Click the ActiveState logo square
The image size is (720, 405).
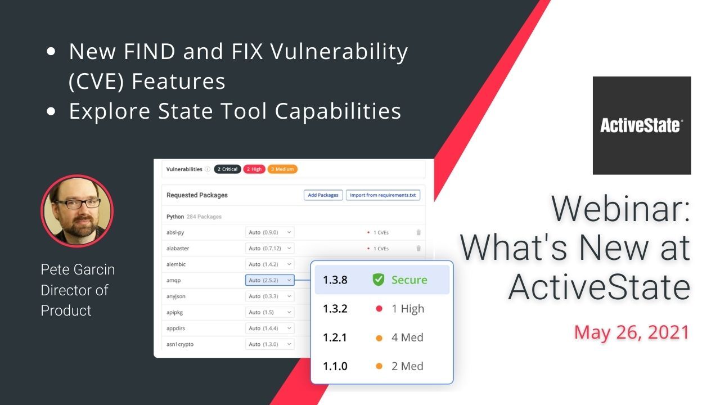pos(642,125)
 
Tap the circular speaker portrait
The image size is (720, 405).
pos(77,211)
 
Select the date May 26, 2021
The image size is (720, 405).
pos(632,332)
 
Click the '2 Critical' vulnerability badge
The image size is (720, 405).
pos(227,169)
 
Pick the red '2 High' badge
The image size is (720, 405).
pos(254,169)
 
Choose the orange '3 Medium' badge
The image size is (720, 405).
pos(282,169)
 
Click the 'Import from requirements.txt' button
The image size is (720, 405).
pos(382,195)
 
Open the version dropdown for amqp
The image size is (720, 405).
pos(270,280)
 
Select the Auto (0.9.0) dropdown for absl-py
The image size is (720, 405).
pos(270,232)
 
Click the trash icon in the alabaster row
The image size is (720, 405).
pos(418,248)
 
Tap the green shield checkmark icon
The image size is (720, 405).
pos(379,280)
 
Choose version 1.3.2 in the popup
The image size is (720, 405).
pos(335,309)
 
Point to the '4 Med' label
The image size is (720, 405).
pos(407,337)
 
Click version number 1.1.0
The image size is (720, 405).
pos(335,366)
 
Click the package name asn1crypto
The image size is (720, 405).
pos(180,344)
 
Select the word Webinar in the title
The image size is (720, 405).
pos(620,209)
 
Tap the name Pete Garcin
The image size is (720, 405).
pos(78,269)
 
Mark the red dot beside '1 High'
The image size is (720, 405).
pos(379,309)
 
